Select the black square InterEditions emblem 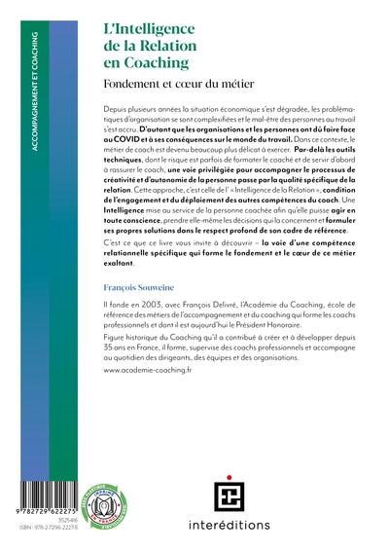pyautogui.click(x=229, y=495)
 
